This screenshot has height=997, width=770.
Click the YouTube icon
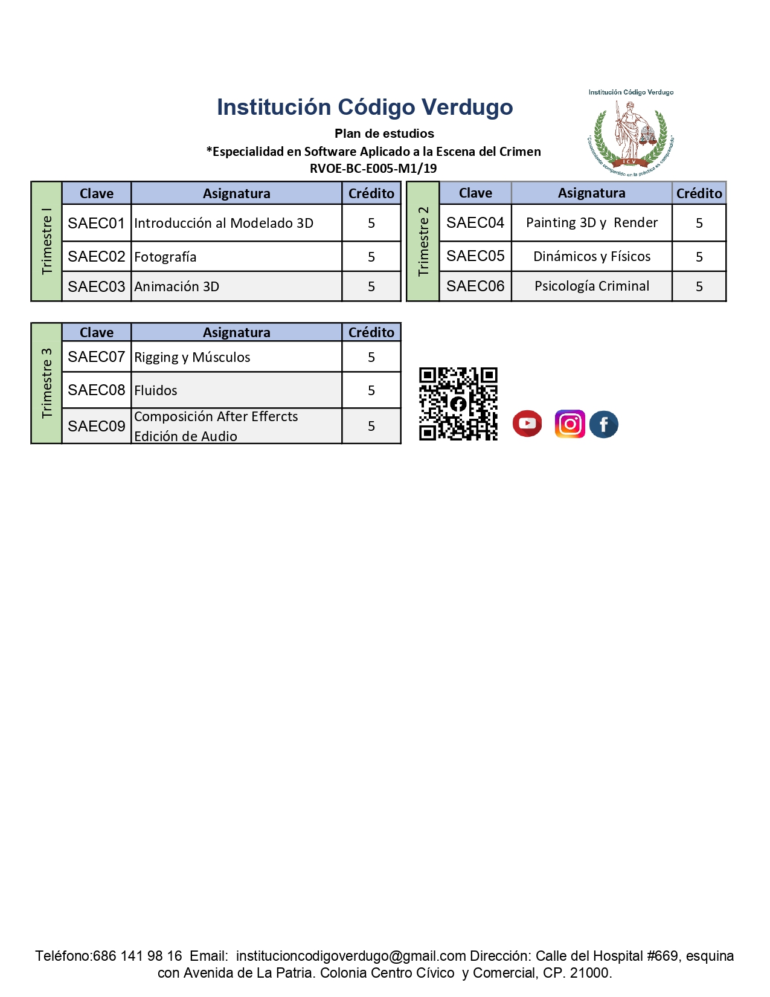point(527,423)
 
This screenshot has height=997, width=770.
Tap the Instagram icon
point(569,424)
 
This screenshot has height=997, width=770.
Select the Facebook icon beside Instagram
point(603,424)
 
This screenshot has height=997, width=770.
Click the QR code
point(458,404)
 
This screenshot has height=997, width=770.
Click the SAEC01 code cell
point(97,223)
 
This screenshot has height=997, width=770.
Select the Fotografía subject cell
point(236,257)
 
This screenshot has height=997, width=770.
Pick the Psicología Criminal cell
point(591,286)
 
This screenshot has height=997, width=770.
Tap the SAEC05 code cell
point(475,256)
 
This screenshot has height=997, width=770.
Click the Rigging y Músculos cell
point(236,357)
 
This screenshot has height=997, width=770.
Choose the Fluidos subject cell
point(236,390)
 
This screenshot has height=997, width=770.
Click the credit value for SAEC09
point(371,426)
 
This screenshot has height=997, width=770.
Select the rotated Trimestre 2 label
point(423,241)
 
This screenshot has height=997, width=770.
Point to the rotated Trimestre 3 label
point(47,383)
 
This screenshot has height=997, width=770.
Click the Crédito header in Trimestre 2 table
point(699,193)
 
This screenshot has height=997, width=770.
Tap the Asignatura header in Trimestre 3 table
point(236,332)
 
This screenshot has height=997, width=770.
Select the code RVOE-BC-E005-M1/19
point(373,168)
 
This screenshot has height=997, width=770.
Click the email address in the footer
point(351,956)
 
